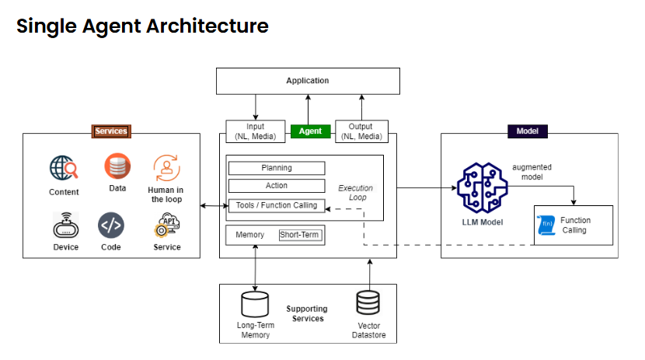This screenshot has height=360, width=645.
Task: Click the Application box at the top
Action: (307, 81)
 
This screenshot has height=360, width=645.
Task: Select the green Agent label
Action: (311, 131)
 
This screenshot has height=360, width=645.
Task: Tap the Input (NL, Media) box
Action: (254, 131)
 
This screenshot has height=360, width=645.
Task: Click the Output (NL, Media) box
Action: (361, 131)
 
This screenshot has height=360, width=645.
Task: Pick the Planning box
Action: (276, 168)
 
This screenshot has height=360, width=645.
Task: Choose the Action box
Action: (276, 186)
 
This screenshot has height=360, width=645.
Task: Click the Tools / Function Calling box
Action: (276, 206)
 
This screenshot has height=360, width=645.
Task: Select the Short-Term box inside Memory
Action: (299, 235)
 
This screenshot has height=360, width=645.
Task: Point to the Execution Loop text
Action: (355, 193)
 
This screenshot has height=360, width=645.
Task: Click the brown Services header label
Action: (110, 131)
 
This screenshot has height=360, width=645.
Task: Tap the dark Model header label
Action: (528, 131)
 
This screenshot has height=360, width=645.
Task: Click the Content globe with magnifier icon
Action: (64, 168)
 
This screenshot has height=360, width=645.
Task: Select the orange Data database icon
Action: (117, 166)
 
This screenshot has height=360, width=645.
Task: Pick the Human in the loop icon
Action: (166, 168)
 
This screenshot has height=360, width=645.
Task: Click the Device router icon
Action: (65, 225)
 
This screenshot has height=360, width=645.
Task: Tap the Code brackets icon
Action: (110, 225)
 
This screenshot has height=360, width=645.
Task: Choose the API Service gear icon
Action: (166, 225)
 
